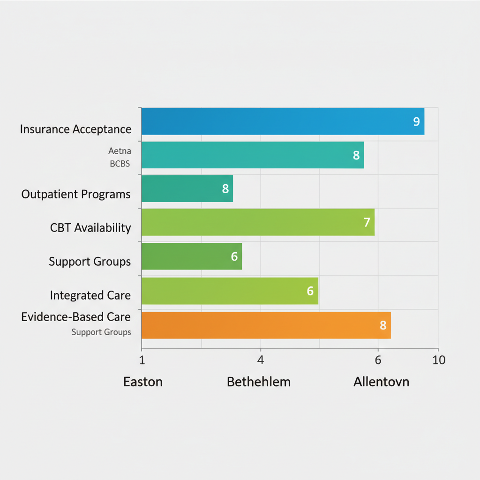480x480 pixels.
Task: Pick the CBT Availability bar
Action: coord(257,222)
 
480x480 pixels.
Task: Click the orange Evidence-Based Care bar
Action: coord(265,325)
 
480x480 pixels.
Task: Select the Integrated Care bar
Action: coord(229,291)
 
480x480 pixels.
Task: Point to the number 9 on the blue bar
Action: coord(416,121)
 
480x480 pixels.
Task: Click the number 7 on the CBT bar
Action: coord(367,222)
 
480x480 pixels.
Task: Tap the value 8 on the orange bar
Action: coord(382,325)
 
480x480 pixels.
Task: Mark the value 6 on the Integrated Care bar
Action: coord(309,291)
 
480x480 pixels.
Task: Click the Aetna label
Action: coord(120,151)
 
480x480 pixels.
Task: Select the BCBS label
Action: coord(120,164)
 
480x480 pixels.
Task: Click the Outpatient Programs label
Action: coord(76,194)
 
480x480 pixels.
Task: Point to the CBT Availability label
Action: coord(90,228)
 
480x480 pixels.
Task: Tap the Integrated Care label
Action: coord(90,295)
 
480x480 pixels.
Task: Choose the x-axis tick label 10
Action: coord(438,360)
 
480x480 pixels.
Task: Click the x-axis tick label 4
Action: coord(261,360)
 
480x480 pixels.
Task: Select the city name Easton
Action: coord(143,382)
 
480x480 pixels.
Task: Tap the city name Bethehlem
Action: coord(259,382)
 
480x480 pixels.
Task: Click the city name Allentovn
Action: coord(381,382)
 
